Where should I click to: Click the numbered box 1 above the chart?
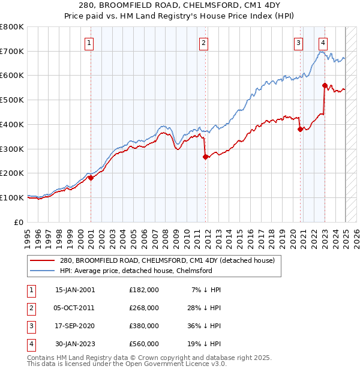(x=89, y=43)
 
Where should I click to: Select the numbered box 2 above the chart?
(x=204, y=43)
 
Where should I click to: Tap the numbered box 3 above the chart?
(x=298, y=43)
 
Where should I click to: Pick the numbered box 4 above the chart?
(x=323, y=43)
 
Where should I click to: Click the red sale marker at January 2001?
(x=91, y=178)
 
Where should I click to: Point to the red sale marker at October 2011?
(x=205, y=157)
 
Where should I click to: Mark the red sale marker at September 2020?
(x=300, y=129)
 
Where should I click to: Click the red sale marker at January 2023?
(x=325, y=85)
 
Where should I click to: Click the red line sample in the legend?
(x=43, y=261)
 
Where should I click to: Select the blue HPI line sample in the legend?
(x=43, y=271)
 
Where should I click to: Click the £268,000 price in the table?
(x=144, y=308)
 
